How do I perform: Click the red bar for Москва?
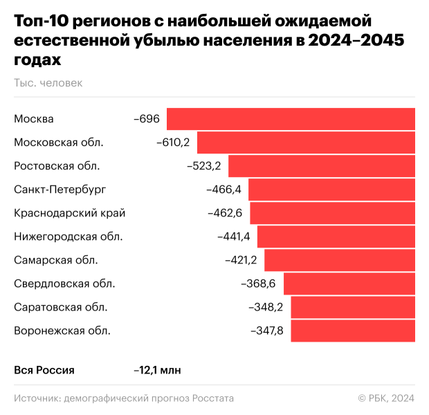(x=291, y=119)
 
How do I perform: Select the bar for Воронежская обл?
(x=353, y=331)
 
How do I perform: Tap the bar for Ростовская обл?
(x=322, y=166)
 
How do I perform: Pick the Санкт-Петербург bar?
(x=331, y=190)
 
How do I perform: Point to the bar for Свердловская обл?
(x=349, y=284)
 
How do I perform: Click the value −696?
(x=147, y=119)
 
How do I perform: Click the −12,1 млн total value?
(x=157, y=370)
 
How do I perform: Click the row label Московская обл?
(x=59, y=142)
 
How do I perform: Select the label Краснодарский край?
(x=70, y=213)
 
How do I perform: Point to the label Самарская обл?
(x=56, y=260)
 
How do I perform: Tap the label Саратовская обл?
(x=61, y=307)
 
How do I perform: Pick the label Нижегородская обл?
(x=69, y=237)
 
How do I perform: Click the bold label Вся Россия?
(x=44, y=370)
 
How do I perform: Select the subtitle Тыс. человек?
(x=48, y=83)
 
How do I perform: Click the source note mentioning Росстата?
(x=124, y=398)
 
